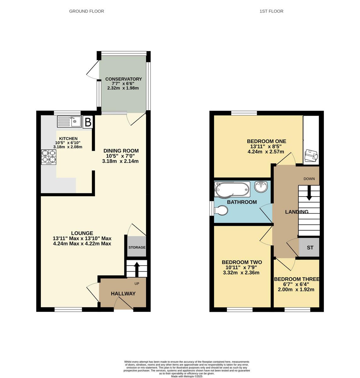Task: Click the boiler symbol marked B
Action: click(88, 122)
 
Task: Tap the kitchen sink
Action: click(69, 122)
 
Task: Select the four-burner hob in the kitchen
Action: click(48, 157)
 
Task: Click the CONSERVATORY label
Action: click(123, 79)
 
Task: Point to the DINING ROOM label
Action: click(121, 151)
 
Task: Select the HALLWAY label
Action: click(123, 294)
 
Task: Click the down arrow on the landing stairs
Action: click(309, 193)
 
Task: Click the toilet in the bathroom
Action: click(221, 210)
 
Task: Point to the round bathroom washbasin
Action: click(261, 187)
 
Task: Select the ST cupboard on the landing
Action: click(310, 248)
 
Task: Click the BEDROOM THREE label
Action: click(296, 279)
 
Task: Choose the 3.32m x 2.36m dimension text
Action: click(241, 273)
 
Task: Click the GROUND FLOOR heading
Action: click(87, 11)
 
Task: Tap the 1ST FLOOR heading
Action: click(271, 11)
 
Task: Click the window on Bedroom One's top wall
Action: click(244, 113)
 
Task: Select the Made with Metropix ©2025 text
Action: click(187, 376)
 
